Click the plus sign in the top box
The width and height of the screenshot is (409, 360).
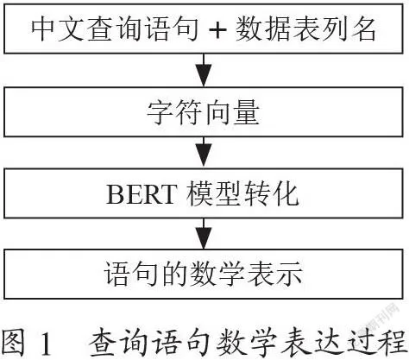tap(217, 30)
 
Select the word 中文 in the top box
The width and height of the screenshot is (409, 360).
tap(59, 29)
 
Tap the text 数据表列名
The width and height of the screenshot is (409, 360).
tap(305, 29)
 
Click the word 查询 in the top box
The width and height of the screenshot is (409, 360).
tap(115, 29)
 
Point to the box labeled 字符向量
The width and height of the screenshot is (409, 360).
tap(204, 111)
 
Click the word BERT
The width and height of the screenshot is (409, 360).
tap(141, 194)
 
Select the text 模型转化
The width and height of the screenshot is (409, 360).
tap(242, 193)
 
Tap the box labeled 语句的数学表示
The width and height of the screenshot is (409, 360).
tap(204, 274)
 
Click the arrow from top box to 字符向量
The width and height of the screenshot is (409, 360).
tap(204, 70)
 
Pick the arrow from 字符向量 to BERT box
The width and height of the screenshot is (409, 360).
tap(204, 152)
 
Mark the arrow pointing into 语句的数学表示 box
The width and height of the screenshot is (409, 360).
tap(204, 233)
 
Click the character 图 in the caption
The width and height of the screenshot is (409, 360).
tap(12, 342)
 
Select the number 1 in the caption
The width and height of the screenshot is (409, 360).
tap(46, 344)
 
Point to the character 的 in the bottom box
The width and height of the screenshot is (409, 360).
tap(175, 274)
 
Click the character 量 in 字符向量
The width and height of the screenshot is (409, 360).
tap(247, 111)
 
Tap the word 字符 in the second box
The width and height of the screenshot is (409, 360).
tap(174, 111)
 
